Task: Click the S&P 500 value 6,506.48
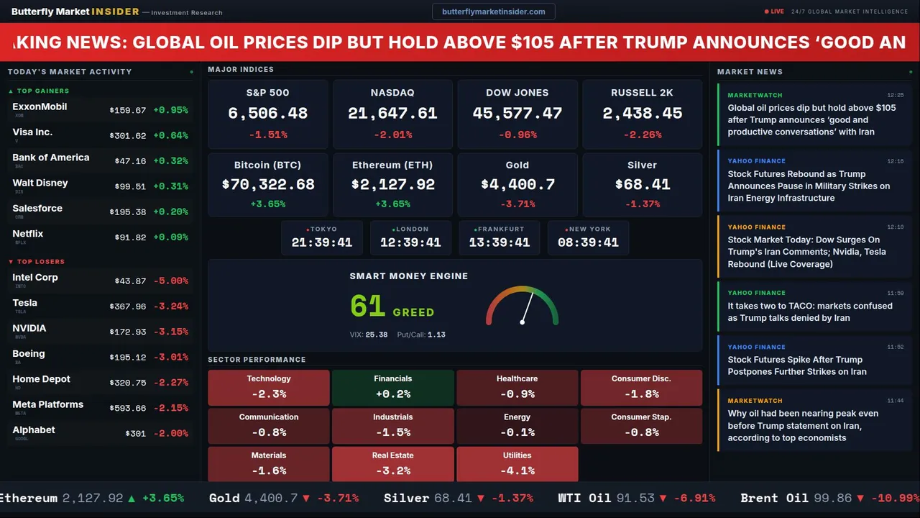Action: (x=267, y=113)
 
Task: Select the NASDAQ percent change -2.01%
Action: (x=392, y=135)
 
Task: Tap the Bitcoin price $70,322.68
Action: (x=268, y=184)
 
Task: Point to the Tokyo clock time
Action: (x=322, y=242)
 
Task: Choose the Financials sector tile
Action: (x=392, y=387)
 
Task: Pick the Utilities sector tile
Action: (x=517, y=464)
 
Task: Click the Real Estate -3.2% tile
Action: (x=392, y=464)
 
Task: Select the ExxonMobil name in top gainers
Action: (x=40, y=106)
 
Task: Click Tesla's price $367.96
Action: (x=127, y=306)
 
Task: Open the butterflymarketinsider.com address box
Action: (x=493, y=12)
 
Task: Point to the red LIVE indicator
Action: (x=775, y=12)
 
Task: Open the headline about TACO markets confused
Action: (x=809, y=312)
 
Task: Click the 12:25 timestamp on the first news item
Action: (x=895, y=95)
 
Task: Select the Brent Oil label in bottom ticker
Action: (x=774, y=498)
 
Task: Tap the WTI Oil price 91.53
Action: (x=635, y=498)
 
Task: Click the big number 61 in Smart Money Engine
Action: (x=367, y=306)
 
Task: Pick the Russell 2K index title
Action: (x=642, y=93)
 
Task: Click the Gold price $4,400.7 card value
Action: (x=517, y=184)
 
